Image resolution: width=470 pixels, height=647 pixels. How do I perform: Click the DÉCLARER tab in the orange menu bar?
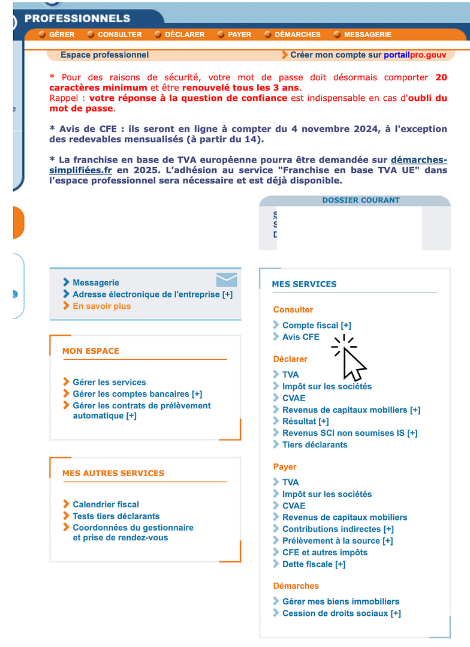(x=185, y=35)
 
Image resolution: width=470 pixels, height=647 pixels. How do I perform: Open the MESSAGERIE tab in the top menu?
(x=367, y=35)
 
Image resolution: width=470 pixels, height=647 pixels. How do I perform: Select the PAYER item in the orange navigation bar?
(x=239, y=35)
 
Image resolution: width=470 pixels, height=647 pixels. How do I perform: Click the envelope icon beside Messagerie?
(x=226, y=279)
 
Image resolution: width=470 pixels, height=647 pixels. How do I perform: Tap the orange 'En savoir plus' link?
(x=101, y=306)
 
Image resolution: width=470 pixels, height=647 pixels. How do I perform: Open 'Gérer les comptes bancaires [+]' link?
(x=137, y=394)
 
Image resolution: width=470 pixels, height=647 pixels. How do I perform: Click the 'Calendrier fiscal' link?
(x=106, y=504)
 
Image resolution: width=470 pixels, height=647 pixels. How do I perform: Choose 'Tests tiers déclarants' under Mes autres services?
(x=116, y=516)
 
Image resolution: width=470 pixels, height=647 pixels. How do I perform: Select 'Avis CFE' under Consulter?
(x=301, y=337)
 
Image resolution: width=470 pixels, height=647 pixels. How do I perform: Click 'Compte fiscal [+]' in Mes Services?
(x=317, y=325)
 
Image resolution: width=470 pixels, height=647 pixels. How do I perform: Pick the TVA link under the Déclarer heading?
(x=290, y=375)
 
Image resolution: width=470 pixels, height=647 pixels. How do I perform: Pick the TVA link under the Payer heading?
(x=290, y=482)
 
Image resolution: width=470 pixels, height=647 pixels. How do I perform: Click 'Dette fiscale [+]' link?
(x=314, y=564)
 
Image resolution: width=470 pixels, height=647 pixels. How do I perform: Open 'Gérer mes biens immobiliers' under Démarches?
(x=341, y=601)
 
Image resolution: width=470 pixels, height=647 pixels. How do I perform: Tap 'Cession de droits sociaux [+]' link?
(x=341, y=613)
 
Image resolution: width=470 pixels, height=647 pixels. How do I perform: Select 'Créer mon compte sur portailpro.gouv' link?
(x=368, y=55)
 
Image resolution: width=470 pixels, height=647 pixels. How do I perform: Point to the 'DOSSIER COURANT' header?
(x=360, y=200)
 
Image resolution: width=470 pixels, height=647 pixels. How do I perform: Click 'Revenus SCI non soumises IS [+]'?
(x=350, y=433)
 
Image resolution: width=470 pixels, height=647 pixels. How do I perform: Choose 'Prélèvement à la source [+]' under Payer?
(x=338, y=541)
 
